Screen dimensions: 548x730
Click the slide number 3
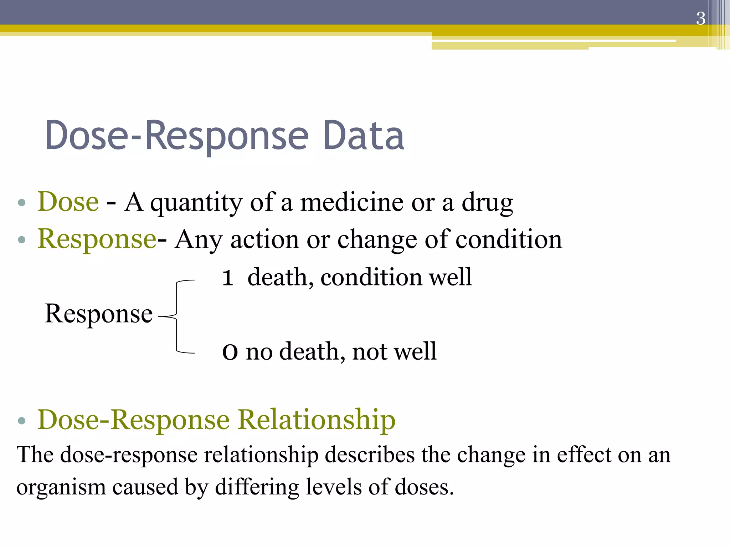[700, 19]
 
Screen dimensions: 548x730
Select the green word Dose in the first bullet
[68, 202]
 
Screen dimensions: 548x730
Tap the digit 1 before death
[228, 278]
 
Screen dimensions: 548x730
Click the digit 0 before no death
[230, 352]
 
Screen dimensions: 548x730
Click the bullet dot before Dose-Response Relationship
[22, 421]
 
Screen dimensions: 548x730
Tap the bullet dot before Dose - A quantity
[22, 203]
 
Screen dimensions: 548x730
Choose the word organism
[61, 487]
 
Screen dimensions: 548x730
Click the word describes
[370, 455]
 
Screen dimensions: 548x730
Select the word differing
[257, 487]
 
